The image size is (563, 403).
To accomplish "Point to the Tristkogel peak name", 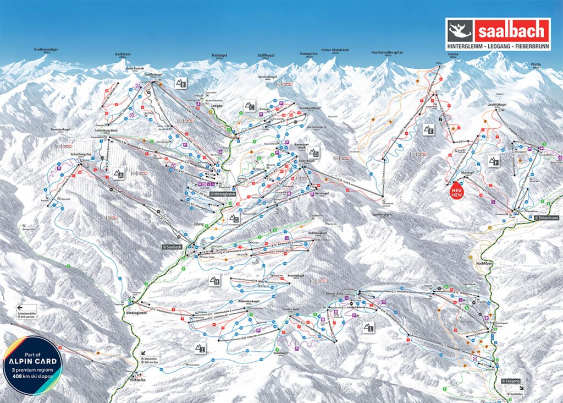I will [219, 56].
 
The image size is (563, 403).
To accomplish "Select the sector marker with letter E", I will [428, 130].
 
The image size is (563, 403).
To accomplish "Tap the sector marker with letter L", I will [368, 327].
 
